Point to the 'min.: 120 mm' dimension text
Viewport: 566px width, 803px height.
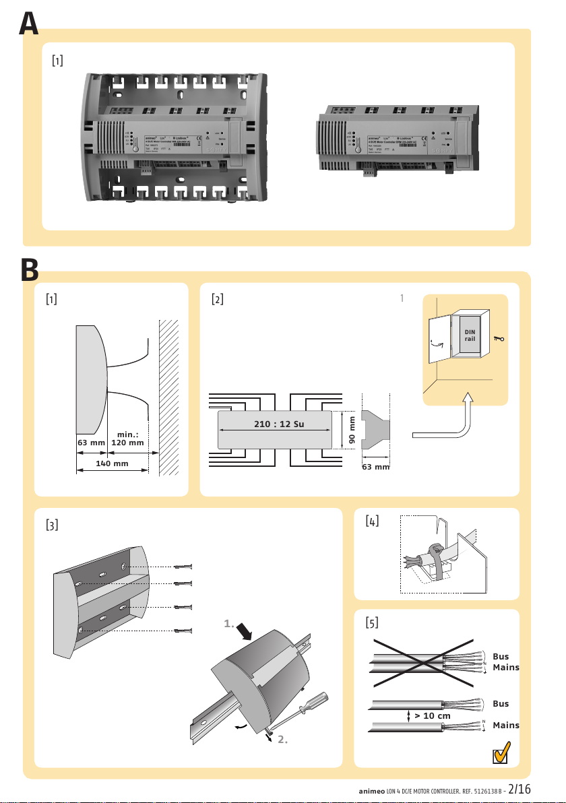(127, 439)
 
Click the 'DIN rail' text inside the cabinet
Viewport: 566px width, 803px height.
(470, 335)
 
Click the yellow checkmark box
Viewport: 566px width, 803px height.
(499, 753)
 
